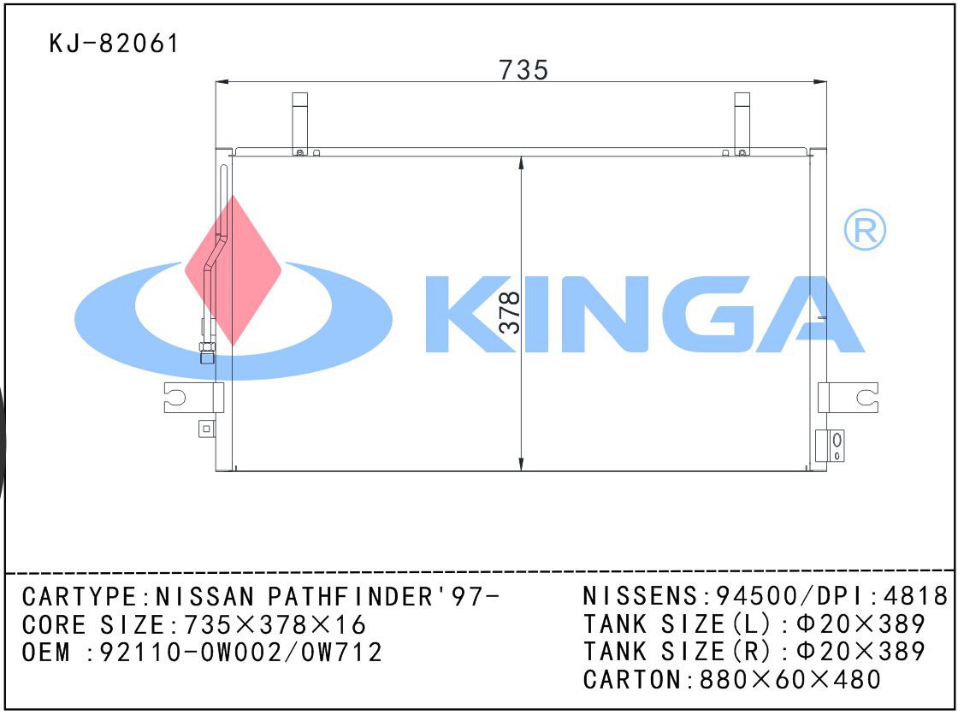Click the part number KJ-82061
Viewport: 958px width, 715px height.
(x=114, y=44)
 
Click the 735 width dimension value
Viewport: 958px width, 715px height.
(x=523, y=69)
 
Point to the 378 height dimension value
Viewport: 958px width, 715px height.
(x=510, y=312)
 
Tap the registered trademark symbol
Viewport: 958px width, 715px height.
(x=865, y=230)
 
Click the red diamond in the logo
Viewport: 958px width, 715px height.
(x=233, y=271)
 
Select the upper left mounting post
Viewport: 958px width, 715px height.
(x=299, y=124)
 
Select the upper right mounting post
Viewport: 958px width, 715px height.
(x=742, y=124)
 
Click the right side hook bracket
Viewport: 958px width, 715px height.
(x=848, y=397)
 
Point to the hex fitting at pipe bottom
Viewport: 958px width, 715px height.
(x=207, y=352)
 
